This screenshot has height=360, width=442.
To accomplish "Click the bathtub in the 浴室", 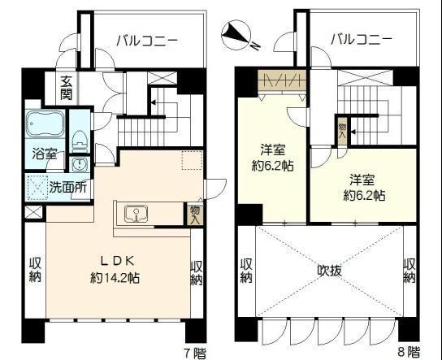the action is coord(45,124).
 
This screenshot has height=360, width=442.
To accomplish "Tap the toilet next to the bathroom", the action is coord(80,140).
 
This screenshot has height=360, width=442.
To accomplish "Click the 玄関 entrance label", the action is coord(66,88).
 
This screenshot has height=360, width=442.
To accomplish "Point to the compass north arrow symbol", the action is coord(236,35).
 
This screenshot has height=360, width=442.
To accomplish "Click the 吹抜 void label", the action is coord(330,271).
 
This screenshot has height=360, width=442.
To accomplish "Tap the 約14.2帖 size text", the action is coord(115,279).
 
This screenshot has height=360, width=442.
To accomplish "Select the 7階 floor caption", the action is coord(195,353).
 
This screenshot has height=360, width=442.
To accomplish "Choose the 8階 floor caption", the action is coord(409,352).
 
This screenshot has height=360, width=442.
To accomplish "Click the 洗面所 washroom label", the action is coord(67,187).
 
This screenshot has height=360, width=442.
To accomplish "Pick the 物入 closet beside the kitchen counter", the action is coord(195,215).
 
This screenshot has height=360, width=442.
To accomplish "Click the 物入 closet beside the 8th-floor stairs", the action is coord(342,131).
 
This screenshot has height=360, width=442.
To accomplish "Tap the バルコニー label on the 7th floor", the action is coord(147,41).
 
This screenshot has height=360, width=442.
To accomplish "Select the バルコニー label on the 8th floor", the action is coord(361,40).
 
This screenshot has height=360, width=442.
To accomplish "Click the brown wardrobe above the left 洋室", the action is coord(282,80).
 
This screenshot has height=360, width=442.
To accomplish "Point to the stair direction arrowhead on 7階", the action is coord(153,102).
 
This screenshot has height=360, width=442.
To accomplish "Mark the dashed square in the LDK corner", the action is coord(192,160).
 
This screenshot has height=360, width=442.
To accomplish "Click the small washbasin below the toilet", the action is coord(80,164).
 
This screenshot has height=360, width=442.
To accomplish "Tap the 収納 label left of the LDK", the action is coord(36,270).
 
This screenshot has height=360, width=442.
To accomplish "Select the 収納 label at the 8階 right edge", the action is coord(409,271).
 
